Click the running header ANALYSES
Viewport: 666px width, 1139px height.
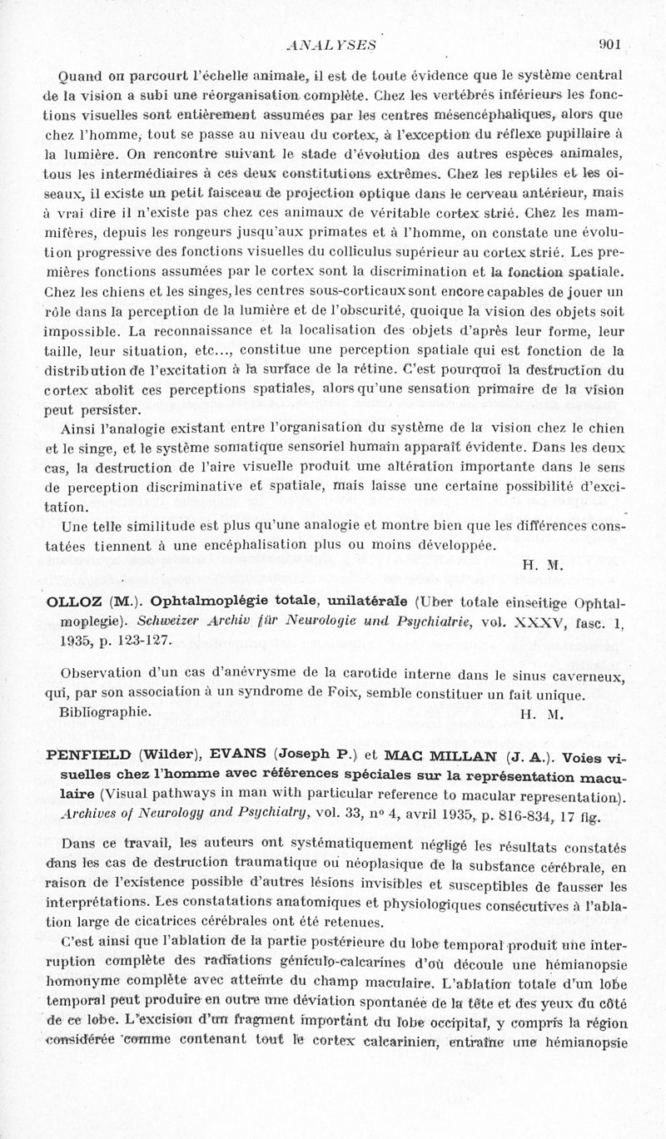pyautogui.click(x=331, y=45)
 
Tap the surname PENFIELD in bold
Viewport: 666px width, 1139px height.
pyautogui.click(x=88, y=755)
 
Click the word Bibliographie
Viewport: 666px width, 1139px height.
pyautogui.click(x=106, y=712)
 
